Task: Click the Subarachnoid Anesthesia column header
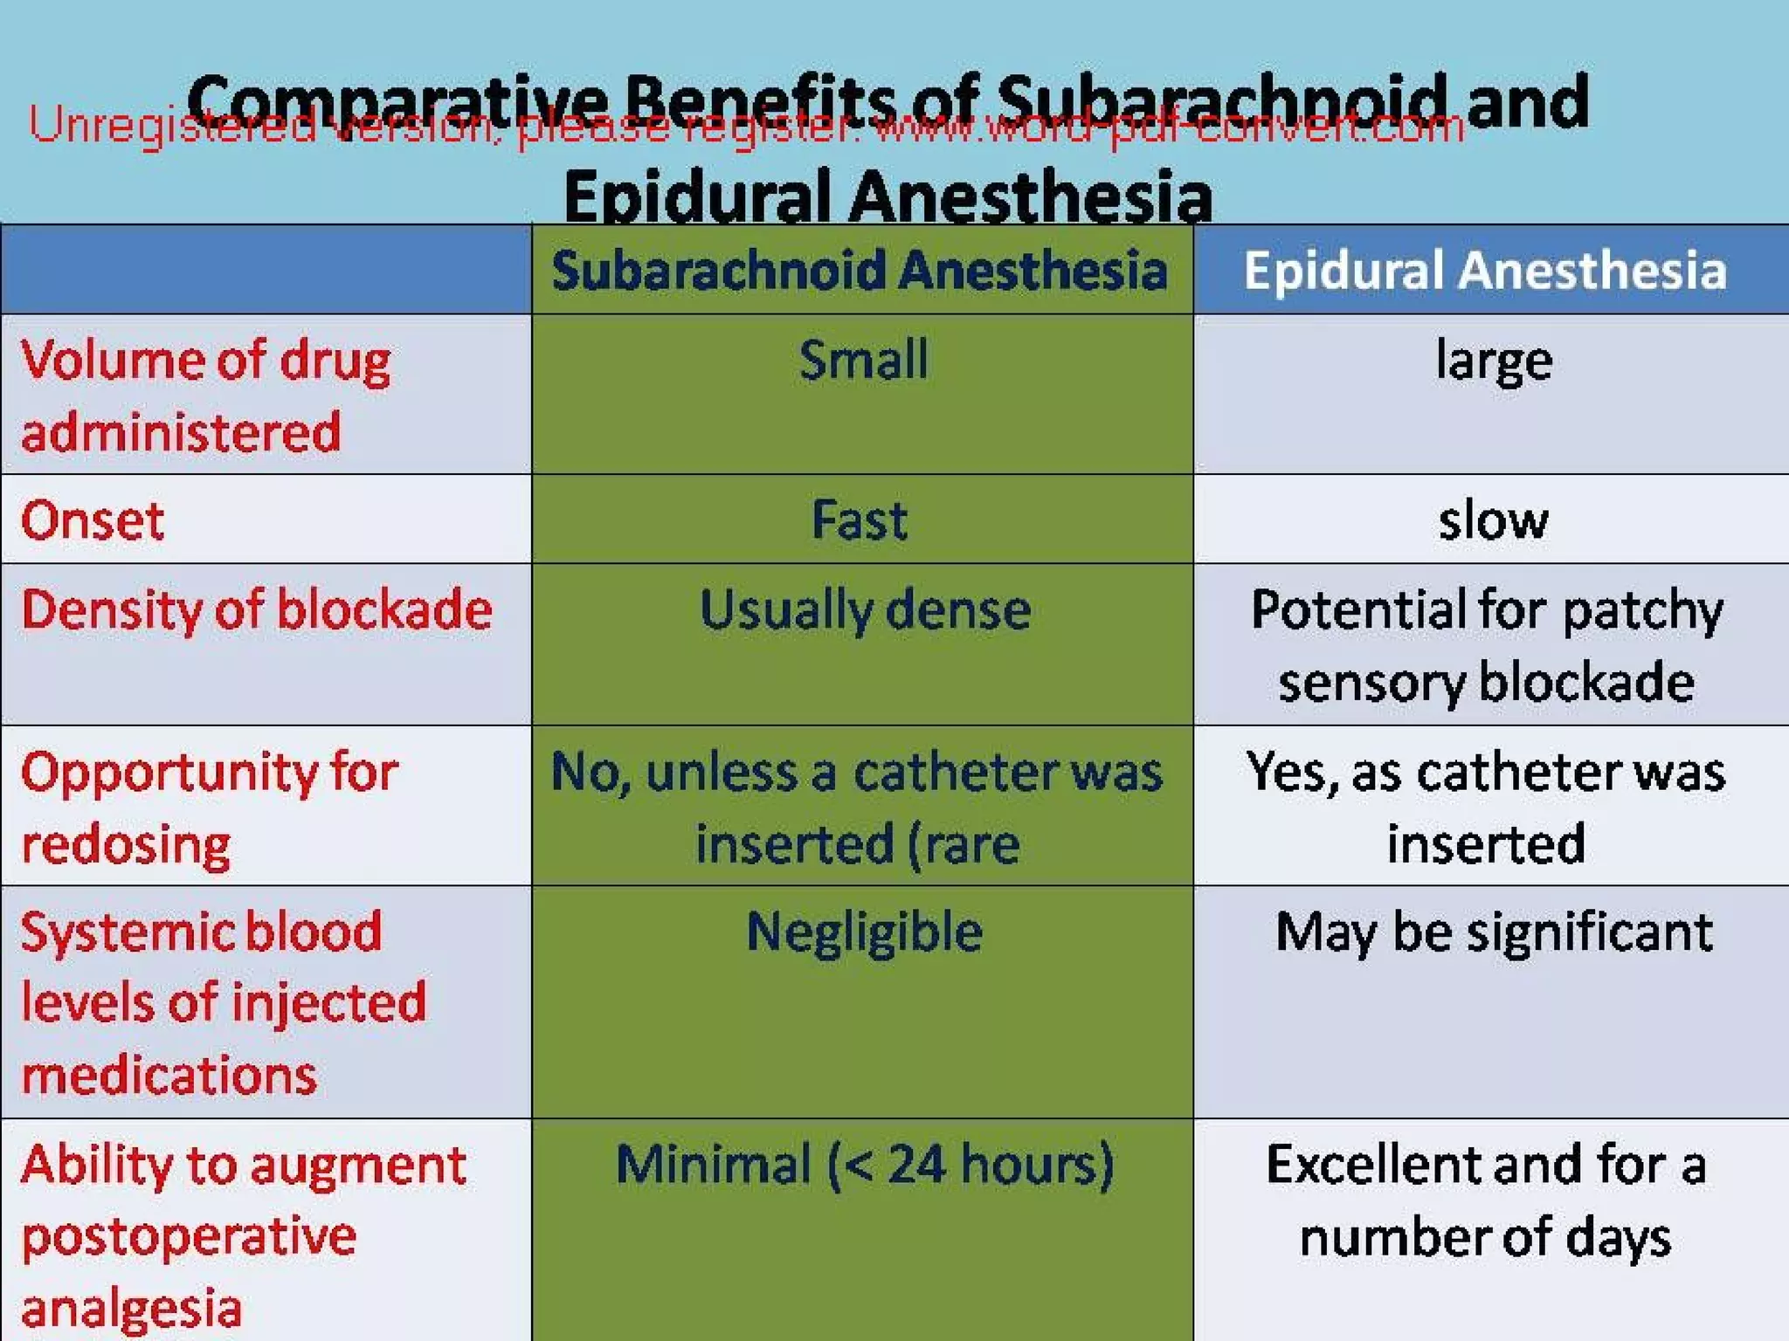tap(860, 270)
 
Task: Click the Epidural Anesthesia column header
tap(1485, 270)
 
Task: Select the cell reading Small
tap(863, 360)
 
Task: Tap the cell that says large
tap(1494, 360)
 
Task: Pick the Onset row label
tap(93, 521)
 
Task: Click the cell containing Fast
tap(860, 521)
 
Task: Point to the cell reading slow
tap(1494, 521)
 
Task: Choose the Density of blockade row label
tap(257, 609)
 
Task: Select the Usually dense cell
tap(865, 609)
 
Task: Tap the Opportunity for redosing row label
tap(210, 808)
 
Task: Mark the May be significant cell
tap(1494, 932)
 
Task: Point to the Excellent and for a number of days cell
tap(1485, 1200)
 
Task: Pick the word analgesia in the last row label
tap(131, 1308)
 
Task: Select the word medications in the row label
tap(169, 1074)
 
